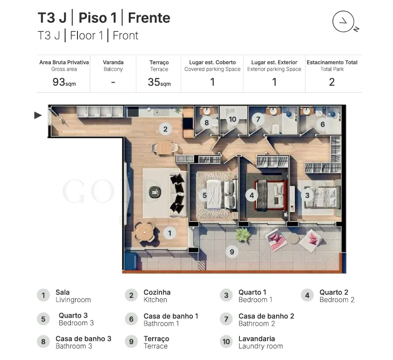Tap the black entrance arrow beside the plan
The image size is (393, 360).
click(x=38, y=115)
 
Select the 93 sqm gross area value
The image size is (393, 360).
click(x=64, y=82)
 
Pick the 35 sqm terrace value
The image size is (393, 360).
click(x=159, y=82)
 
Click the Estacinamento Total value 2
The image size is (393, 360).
click(x=332, y=82)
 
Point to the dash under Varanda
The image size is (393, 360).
click(x=113, y=82)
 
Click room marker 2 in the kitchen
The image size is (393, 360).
click(x=165, y=129)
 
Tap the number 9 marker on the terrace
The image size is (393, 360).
click(x=232, y=252)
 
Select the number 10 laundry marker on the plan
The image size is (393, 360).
click(x=232, y=119)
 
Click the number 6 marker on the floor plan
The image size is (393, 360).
click(x=323, y=124)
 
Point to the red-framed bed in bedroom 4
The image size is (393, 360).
click(x=271, y=195)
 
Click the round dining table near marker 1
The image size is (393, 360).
click(x=144, y=232)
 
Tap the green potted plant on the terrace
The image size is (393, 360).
click(x=243, y=235)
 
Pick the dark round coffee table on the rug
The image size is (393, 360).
click(x=155, y=192)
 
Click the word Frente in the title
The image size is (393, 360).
click(x=149, y=18)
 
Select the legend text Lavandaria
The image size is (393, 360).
click(x=257, y=339)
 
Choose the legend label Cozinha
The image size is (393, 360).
click(x=157, y=292)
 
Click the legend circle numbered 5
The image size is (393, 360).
click(x=43, y=319)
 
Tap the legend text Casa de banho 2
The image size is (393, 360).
click(x=266, y=316)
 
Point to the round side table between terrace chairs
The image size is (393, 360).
click(x=293, y=239)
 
